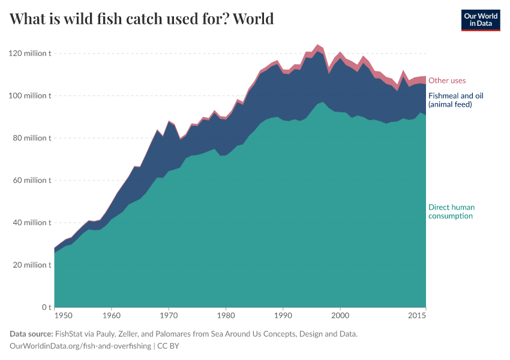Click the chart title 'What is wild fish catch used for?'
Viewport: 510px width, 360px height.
pos(120,19)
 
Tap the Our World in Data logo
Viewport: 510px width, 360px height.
pos(480,20)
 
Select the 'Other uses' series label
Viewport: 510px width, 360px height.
pos(446,80)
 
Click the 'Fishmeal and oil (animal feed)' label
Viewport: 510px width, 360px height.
pos(455,100)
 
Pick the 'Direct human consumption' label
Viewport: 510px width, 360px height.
pos(451,211)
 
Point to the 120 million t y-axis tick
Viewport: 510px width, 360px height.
pos(31,53)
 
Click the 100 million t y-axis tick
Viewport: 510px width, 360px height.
pos(31,95)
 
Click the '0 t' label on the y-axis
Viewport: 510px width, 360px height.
pos(46,307)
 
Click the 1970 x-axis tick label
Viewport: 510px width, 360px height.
pos(169,315)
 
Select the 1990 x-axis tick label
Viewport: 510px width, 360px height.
pos(283,315)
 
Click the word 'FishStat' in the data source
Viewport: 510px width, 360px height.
pos(70,334)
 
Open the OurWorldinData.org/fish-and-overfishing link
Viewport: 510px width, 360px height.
pos(80,346)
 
